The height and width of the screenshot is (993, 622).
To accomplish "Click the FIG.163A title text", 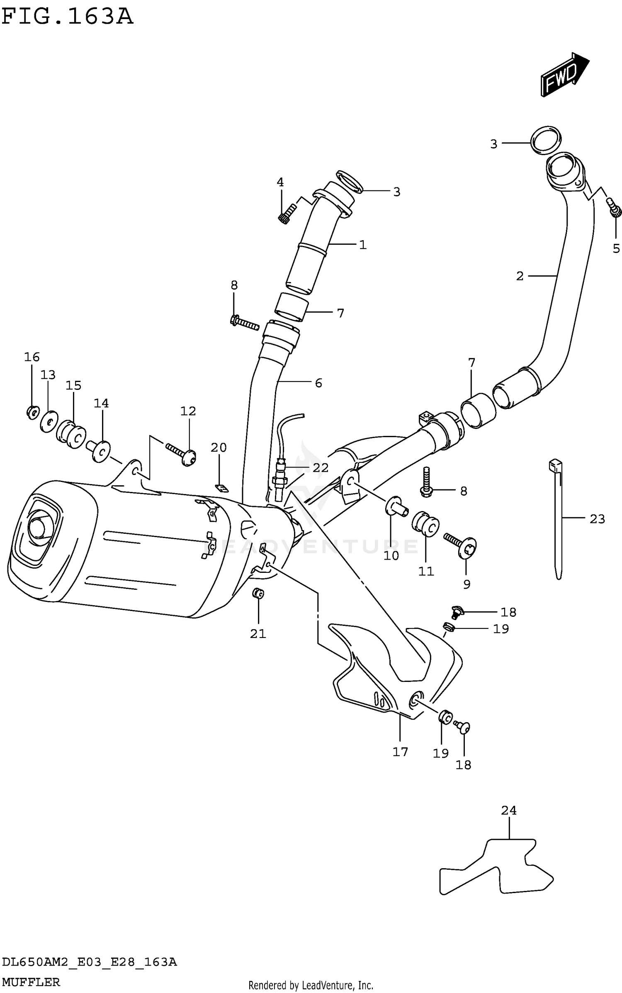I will [x=67, y=17].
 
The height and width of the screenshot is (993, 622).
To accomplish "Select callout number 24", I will [x=508, y=810].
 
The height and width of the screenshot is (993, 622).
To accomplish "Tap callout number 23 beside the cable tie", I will [x=597, y=518].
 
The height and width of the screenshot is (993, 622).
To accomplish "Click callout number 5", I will [x=616, y=248].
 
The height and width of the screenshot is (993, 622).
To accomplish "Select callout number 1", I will [x=363, y=245].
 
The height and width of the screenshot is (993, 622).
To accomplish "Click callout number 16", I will [x=32, y=357].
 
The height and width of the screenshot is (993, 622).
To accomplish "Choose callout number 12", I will [x=188, y=411].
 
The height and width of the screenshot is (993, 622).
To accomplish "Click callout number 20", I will [x=219, y=448].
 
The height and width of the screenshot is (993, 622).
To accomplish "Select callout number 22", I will [x=321, y=468].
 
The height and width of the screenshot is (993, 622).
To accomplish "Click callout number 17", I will [x=400, y=752].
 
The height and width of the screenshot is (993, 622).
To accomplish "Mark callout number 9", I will [x=466, y=584].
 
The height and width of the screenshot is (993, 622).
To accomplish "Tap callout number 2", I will [x=520, y=276].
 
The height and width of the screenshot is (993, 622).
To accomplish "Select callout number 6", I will [x=318, y=383].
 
